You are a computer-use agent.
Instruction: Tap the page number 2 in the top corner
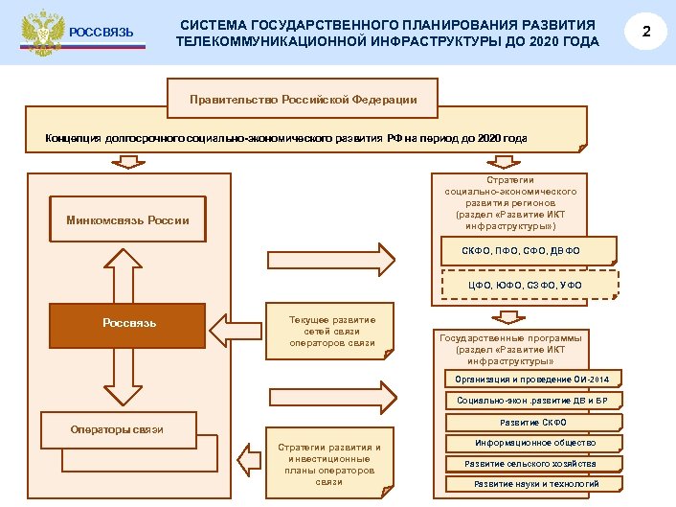point(646,33)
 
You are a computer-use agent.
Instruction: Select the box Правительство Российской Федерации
point(302,99)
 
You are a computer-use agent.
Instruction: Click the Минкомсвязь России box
point(127,220)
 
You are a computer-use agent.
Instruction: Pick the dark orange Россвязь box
point(128,323)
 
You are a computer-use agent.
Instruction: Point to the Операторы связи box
point(118,429)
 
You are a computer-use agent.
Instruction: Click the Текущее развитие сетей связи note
point(332,332)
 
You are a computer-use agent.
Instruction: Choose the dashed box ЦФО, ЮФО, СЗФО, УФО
point(530,285)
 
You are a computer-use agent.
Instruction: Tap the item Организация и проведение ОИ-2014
point(531,380)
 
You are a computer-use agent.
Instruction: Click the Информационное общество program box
point(535,443)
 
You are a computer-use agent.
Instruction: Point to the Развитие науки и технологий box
point(535,484)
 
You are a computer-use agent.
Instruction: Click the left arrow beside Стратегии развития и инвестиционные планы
point(247,459)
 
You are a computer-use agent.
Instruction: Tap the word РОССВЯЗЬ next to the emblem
point(102,36)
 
